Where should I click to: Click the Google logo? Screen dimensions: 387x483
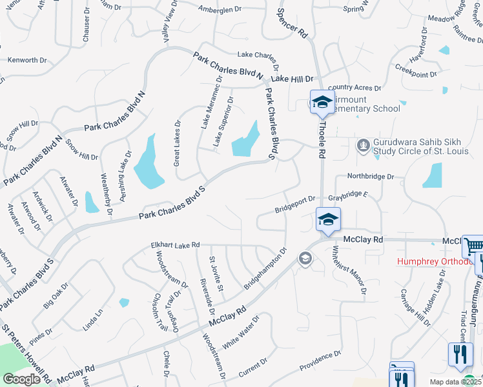pos(21,379)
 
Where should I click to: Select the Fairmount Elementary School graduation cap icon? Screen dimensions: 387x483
pos(322,102)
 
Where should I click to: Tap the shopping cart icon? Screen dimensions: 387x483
pos(474,245)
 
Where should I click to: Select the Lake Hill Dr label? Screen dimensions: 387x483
pos(292,78)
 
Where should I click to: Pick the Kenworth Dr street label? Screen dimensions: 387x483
pos(27,60)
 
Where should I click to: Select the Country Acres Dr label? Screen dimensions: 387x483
pos(355,87)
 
